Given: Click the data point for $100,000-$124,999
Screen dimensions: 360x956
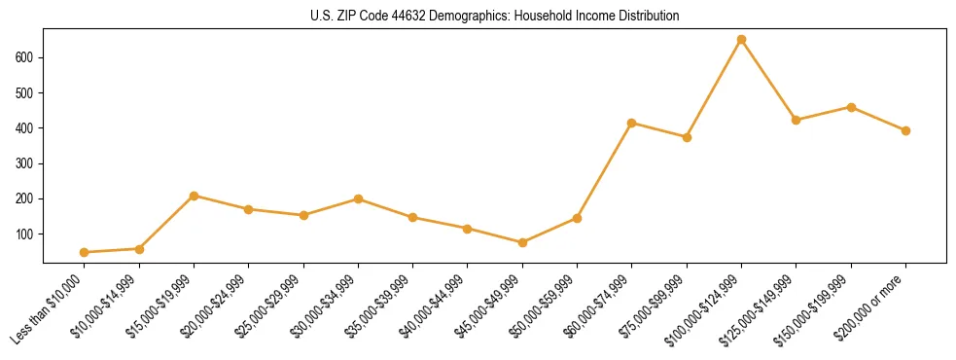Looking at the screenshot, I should click(x=741, y=40).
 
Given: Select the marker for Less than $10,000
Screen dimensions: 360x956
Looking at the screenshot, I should click(x=85, y=252).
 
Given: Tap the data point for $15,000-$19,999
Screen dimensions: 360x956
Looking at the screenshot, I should click(x=195, y=196).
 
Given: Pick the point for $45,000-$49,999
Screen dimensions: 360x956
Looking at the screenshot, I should click(x=522, y=242).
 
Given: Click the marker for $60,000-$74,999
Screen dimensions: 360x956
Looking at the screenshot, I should click(x=632, y=123).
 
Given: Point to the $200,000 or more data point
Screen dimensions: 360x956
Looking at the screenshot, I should click(x=905, y=130).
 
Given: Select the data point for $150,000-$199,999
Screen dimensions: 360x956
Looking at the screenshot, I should click(x=851, y=107).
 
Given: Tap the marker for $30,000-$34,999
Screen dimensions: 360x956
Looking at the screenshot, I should click(x=358, y=198).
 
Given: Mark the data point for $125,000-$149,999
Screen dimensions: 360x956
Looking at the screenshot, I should click(x=797, y=120).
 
